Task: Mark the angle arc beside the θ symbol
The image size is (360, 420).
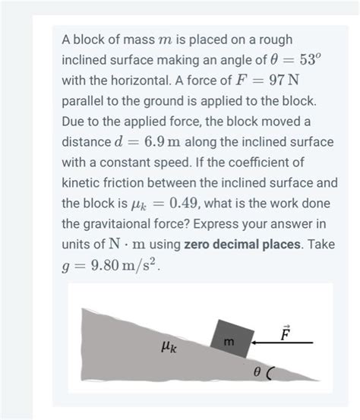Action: click(271, 372)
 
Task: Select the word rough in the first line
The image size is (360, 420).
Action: click(273, 39)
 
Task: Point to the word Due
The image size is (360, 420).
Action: click(74, 122)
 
